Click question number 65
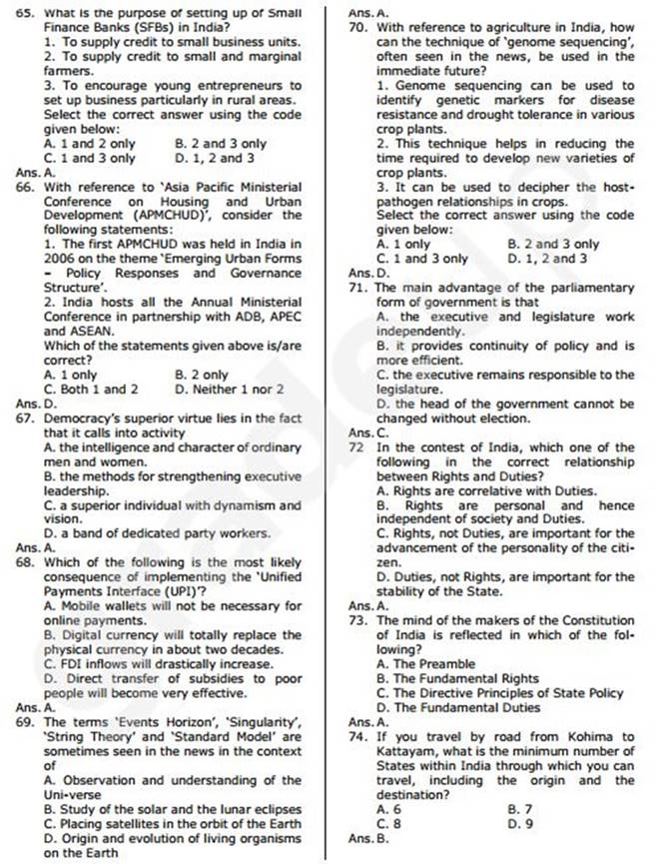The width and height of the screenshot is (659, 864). pos(25,12)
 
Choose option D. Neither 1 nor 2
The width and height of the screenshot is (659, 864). pos(229,390)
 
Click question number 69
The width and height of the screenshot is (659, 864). pos(25,721)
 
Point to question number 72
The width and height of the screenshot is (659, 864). pos(357,447)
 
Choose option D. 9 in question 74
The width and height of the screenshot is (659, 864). pos(521,823)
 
